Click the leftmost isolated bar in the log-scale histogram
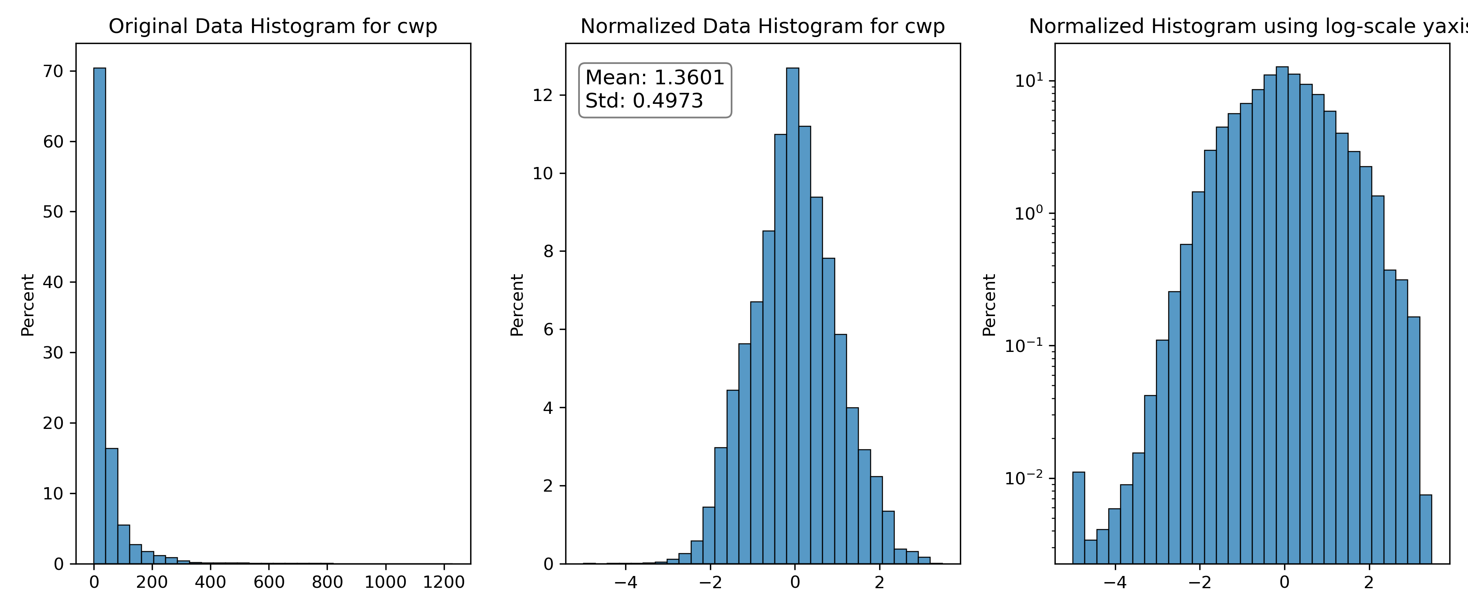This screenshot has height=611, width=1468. (1078, 518)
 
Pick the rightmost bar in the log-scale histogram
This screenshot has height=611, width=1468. (1425, 529)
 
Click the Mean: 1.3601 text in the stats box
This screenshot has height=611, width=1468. (655, 77)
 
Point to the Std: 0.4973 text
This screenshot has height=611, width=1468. (644, 101)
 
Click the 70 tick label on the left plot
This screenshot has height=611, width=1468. (53, 71)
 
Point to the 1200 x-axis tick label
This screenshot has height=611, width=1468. (444, 582)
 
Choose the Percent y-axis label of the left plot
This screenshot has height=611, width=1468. (27, 305)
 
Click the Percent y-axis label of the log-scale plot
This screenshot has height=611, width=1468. (989, 305)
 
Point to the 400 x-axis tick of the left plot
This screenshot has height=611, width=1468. (210, 582)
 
